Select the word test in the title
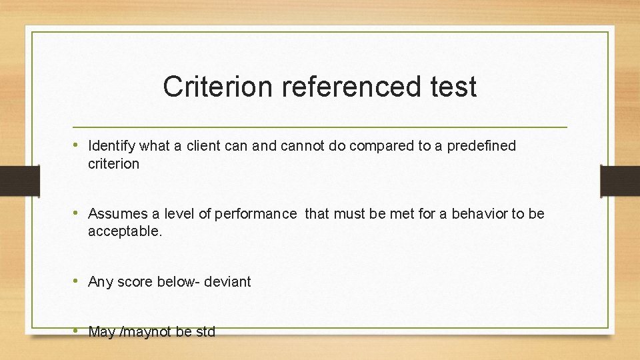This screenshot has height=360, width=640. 454,87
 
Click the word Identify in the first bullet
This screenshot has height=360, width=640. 111,146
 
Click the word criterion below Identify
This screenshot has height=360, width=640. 113,164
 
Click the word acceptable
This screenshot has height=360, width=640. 125,232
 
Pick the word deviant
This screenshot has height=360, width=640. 227,282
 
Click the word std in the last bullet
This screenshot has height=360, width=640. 205,332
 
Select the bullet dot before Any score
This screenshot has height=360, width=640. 78,281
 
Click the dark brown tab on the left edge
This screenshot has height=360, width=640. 11,180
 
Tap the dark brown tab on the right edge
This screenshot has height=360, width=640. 620,181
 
